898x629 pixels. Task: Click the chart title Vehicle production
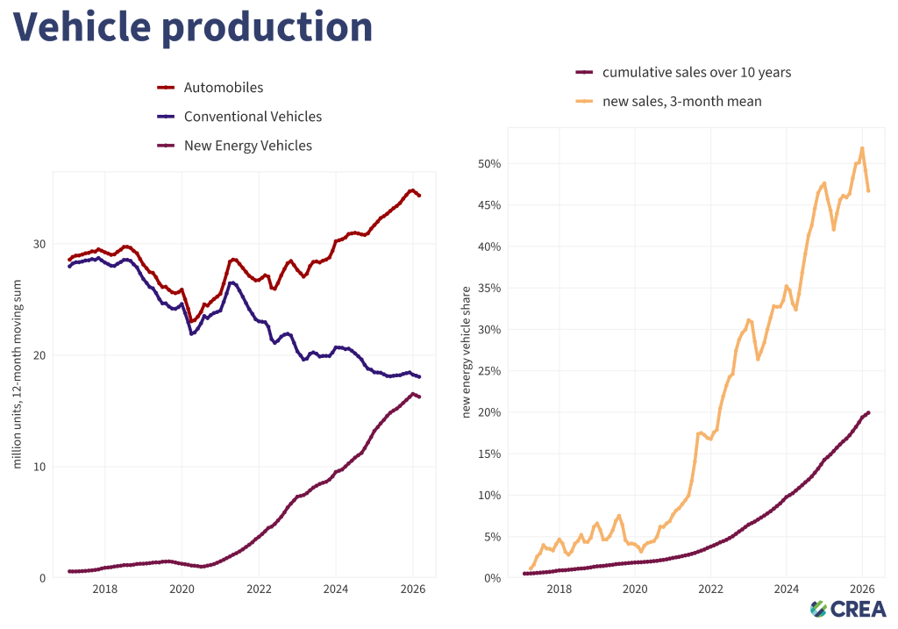pos(192,27)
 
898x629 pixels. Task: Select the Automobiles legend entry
pos(223,88)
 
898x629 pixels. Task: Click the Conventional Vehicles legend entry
pos(253,117)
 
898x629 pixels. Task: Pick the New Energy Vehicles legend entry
pos(247,146)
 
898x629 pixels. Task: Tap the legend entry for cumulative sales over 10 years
pos(696,72)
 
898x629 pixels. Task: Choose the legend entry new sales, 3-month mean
pos(681,101)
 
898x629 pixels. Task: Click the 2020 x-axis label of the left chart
pos(182,590)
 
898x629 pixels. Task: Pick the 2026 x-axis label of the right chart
pos(860,590)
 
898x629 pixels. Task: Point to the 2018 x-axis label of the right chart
pos(559,590)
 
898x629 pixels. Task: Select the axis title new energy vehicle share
pos(467,351)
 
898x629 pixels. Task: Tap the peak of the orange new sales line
pos(862,148)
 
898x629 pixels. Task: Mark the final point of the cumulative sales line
pos(868,412)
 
